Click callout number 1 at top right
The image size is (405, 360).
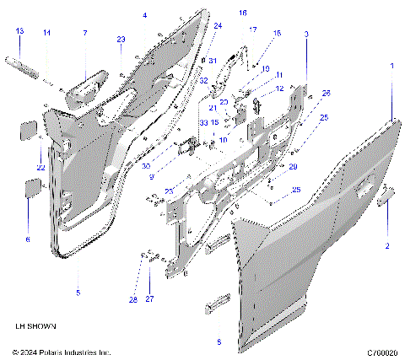(x=391, y=65)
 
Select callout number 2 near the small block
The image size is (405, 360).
(x=387, y=246)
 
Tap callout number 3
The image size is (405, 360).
(x=305, y=34)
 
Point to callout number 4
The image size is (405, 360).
(x=144, y=16)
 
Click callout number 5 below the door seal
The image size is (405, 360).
(x=78, y=293)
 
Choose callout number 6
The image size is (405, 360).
(x=27, y=239)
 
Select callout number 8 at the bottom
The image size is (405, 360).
(x=219, y=342)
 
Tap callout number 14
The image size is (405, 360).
(x=47, y=33)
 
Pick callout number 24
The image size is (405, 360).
(x=217, y=26)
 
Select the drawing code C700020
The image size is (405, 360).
(x=382, y=352)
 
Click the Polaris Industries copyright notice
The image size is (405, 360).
(x=62, y=352)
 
